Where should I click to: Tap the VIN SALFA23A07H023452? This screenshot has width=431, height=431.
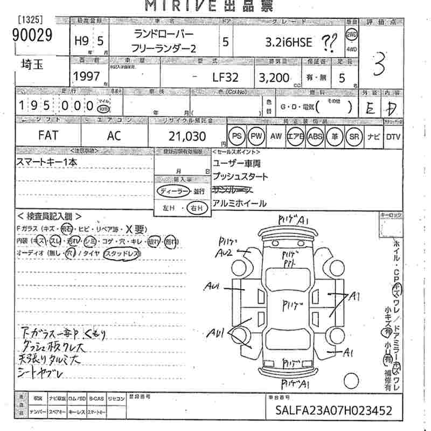[x=335, y=411]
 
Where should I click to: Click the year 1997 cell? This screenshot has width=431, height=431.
[x=87, y=77]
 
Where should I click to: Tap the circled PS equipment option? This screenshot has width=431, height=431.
[x=237, y=136]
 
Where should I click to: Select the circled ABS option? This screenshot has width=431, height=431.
[x=315, y=136]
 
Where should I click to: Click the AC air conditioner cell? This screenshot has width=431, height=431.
[x=114, y=136]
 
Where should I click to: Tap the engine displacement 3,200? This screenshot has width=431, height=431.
[x=274, y=77]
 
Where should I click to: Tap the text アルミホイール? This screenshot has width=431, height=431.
[x=239, y=203]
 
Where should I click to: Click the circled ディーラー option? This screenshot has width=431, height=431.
[x=172, y=192]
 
